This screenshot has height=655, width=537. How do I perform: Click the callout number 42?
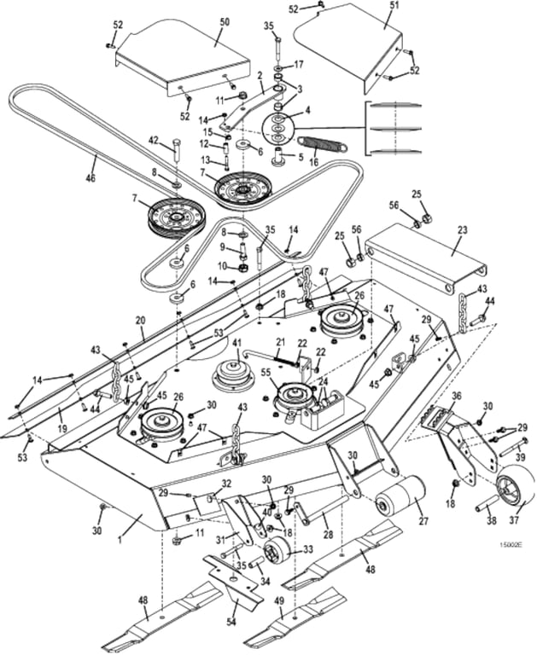pyautogui.click(x=155, y=140)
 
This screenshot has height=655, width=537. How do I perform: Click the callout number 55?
pyautogui.click(x=266, y=373)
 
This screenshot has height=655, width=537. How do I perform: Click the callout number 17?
pyautogui.click(x=299, y=65)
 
